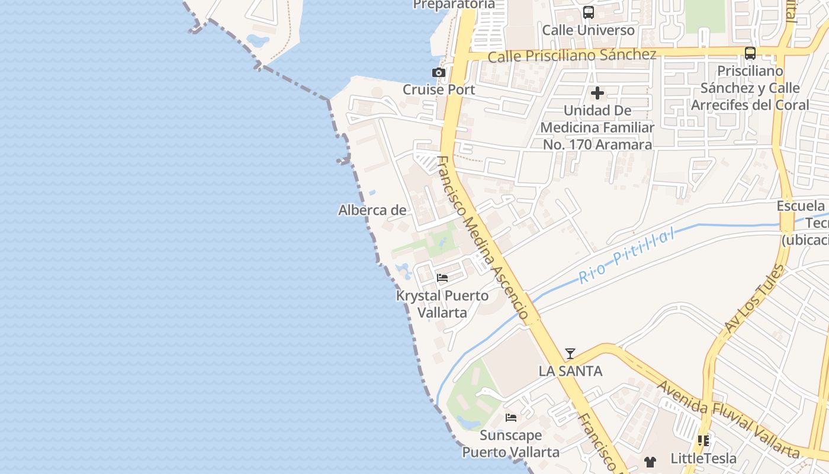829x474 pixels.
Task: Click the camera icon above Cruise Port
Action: [439, 73]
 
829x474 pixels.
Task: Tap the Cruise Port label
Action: [439, 89]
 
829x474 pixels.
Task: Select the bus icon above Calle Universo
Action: [589, 12]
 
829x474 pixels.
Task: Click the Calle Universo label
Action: [589, 30]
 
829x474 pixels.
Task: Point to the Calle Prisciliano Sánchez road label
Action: [572, 55]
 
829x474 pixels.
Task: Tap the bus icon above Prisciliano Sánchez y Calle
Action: [750, 53]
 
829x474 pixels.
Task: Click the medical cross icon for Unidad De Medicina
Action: [597, 93]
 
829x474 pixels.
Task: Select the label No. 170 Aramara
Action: [597, 144]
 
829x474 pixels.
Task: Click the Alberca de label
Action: [372, 210]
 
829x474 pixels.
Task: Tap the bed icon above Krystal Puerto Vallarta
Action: [442, 277]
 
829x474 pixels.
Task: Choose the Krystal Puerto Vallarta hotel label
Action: [442, 303]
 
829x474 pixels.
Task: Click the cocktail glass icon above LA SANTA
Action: [570, 354]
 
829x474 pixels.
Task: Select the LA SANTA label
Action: [570, 371]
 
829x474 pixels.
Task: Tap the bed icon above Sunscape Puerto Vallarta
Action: [511, 418]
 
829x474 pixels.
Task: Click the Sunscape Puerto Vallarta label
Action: [511, 443]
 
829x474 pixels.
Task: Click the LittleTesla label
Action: [703, 458]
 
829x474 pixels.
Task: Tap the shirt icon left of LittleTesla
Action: [650, 462]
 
